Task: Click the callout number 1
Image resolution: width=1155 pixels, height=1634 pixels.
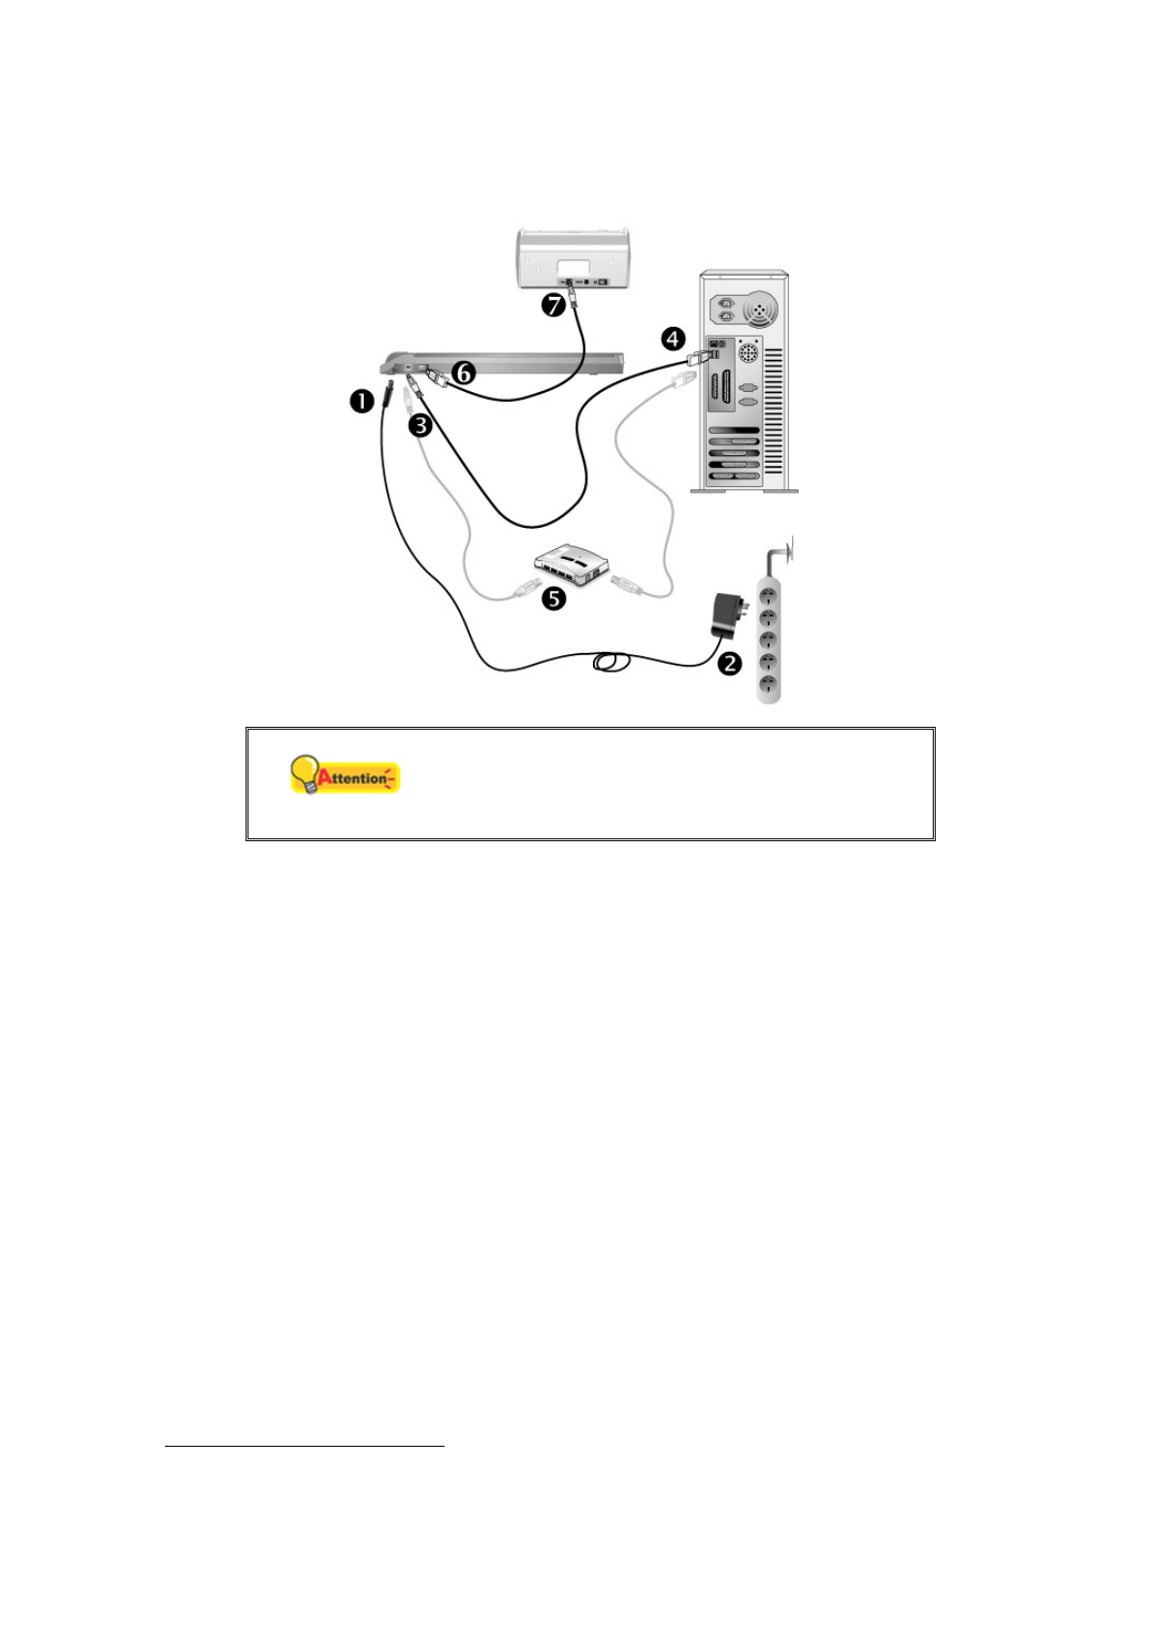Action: (361, 400)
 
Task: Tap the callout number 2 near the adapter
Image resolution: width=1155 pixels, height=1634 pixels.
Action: (729, 664)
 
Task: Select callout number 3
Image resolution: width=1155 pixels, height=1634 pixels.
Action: (419, 424)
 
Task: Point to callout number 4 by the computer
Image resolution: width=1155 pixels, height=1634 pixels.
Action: (673, 339)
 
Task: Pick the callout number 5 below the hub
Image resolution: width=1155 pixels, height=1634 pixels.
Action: (553, 598)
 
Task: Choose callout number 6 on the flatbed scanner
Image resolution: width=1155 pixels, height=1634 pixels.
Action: (465, 372)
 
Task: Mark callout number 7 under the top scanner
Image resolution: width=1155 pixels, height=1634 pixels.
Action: (553, 306)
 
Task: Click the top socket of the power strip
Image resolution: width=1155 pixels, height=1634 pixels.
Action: (769, 591)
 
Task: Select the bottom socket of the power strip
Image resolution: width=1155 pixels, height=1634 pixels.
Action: (769, 685)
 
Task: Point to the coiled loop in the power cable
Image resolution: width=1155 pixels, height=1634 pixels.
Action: (610, 662)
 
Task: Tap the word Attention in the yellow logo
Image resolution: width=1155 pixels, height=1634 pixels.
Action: (357, 778)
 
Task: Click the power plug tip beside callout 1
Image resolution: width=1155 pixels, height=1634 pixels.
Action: (388, 395)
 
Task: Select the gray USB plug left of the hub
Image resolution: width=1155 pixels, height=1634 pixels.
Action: (523, 586)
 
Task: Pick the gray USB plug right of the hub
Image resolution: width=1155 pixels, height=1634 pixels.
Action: (624, 584)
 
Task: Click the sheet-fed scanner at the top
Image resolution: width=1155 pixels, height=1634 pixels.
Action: (573, 257)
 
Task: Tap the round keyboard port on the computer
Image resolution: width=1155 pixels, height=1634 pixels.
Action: (748, 351)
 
